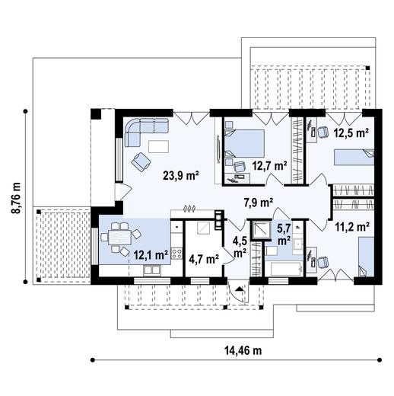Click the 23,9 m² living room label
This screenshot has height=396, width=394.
pyautogui.click(x=180, y=174)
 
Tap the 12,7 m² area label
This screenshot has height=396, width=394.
pyautogui.click(x=270, y=164)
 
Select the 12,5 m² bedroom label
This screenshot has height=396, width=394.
pyautogui.click(x=351, y=132)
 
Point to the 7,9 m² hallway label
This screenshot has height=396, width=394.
pyautogui.click(x=258, y=203)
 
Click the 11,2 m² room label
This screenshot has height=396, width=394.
pyautogui.click(x=352, y=226)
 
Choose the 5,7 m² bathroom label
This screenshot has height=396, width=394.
pyautogui.click(x=283, y=232)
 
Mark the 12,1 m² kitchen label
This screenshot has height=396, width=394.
pyautogui.click(x=150, y=255)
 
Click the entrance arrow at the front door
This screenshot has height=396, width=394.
pyautogui.click(x=239, y=289)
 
